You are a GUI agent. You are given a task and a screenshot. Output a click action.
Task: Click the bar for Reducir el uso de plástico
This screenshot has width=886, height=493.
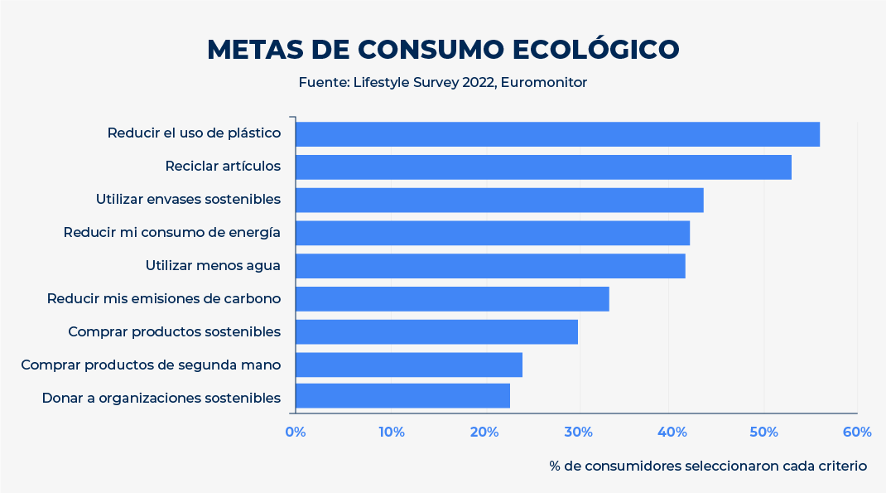557,134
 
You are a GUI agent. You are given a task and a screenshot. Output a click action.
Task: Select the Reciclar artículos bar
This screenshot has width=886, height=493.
543,167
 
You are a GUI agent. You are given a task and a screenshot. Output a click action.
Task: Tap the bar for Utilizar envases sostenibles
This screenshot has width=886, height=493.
499,200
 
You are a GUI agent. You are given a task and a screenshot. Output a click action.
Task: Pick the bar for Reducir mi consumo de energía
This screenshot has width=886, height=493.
493,233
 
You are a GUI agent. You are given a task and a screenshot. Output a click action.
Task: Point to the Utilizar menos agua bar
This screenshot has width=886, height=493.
490,266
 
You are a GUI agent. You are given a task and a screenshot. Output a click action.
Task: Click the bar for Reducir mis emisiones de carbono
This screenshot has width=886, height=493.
452,299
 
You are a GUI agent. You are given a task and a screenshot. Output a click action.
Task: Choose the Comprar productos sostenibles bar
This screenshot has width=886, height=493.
436,332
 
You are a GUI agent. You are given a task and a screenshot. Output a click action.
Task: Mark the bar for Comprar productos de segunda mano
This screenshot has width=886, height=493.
409,365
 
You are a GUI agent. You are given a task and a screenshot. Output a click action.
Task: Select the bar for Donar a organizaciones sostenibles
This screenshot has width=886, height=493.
402,396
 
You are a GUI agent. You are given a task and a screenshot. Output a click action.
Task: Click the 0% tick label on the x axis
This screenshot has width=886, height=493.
296,432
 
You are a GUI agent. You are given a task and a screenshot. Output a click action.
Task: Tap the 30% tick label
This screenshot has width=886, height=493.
578,432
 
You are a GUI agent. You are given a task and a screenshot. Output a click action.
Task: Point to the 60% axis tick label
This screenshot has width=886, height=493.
857,432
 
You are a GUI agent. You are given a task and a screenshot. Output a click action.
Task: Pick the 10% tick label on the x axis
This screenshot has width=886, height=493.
391,432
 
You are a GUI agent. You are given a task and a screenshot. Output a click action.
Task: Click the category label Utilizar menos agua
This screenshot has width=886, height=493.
213,266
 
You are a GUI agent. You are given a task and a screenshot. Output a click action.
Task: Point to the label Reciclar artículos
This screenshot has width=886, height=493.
223,167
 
